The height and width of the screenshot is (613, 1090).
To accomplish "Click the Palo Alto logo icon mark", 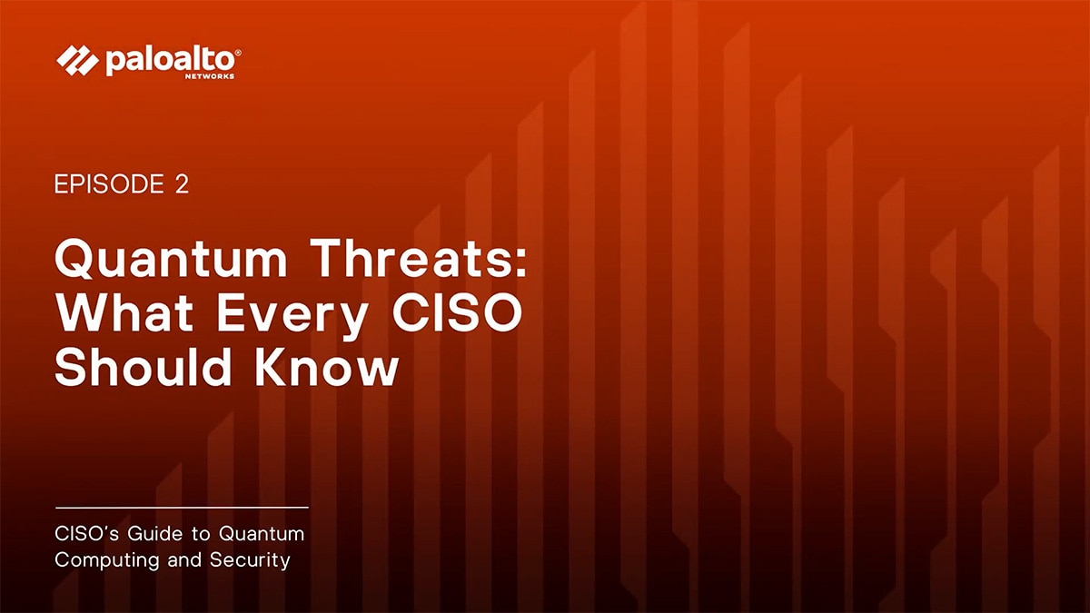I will (x=77, y=61).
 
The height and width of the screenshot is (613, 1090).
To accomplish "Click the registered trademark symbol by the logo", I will (x=238, y=54).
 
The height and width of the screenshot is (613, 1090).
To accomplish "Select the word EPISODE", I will (x=108, y=184).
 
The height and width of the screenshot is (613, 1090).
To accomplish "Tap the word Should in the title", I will (x=145, y=367).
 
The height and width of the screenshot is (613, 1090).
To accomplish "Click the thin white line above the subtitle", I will (x=182, y=507).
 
